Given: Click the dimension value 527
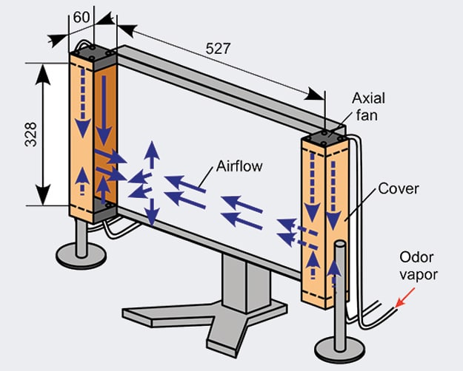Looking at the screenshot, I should click(x=219, y=49).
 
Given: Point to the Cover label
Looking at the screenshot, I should click(x=399, y=188).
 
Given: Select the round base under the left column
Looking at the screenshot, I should click(x=81, y=255).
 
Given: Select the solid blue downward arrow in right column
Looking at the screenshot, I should click(x=333, y=185).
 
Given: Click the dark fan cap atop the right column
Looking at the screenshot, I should click(x=324, y=137).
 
